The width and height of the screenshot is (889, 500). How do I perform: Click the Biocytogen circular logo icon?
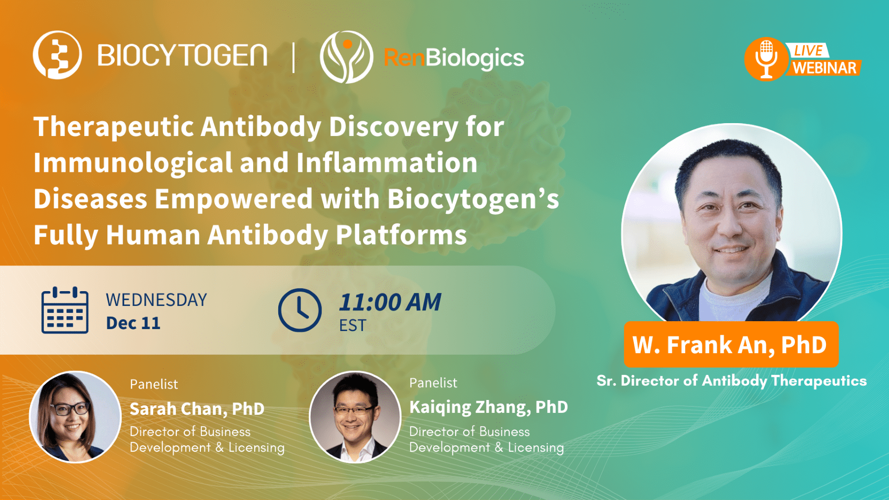pos(57,55)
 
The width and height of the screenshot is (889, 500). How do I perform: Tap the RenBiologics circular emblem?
pos(346,57)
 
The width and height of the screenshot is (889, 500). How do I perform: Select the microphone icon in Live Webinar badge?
pos(766,59)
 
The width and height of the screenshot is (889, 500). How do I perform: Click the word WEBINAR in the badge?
pos(824,68)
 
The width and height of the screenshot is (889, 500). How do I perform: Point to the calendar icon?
pos(65,310)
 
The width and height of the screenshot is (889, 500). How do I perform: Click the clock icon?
pos(299,310)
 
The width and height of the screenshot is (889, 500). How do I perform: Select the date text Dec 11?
pos(133,323)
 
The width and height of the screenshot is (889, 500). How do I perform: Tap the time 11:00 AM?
pos(390,302)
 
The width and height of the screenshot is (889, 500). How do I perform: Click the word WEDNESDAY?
pos(156,300)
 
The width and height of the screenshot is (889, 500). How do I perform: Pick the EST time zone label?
pos(353,326)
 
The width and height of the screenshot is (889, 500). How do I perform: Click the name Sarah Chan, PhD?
pos(197,409)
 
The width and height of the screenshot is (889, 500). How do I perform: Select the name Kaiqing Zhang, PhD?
pos(488,407)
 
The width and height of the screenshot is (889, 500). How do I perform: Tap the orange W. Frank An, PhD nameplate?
pos(731,344)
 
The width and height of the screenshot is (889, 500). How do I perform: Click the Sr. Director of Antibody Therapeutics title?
pos(731,381)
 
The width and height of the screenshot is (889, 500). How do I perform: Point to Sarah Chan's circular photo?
pos(75,417)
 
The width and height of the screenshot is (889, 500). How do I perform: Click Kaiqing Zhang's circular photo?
pos(355,417)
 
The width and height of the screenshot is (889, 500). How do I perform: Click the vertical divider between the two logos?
pos(294,57)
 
